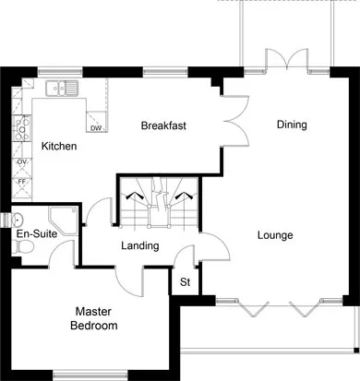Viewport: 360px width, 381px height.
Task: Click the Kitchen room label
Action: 59,146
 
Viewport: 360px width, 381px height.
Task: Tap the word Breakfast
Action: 163,125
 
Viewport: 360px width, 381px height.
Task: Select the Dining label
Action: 292,125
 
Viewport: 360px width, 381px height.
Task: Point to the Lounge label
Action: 275,235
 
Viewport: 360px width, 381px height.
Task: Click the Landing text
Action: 140,246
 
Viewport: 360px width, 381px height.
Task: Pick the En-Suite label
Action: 37,233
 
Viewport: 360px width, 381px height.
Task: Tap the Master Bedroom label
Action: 94,318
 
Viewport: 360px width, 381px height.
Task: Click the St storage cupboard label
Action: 186,282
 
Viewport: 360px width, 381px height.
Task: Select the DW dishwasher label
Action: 96,128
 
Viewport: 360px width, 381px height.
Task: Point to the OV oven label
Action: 22,161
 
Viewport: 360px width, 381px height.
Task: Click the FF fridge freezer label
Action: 21,182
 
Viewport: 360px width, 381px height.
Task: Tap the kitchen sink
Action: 62,88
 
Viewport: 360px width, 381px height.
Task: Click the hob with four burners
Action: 22,128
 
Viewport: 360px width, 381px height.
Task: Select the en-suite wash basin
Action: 18,220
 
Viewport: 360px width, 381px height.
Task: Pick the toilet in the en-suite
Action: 23,246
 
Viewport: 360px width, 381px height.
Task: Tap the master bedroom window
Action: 90,375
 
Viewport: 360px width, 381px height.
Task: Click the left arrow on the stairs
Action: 133,196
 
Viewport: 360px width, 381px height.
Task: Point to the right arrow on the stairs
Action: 184,196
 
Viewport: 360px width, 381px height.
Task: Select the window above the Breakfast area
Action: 165,73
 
